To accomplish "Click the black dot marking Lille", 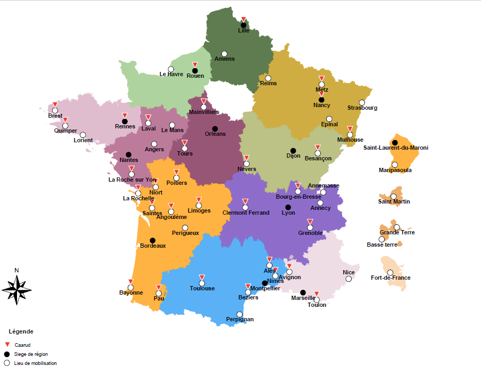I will coord(243,25).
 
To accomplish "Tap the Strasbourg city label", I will coord(362,108).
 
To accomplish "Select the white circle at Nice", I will coord(349,279).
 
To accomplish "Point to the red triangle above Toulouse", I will coord(202,277).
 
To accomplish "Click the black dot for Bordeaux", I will coord(152,240).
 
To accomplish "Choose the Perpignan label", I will coord(239,320).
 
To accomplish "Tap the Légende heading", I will coord(21,331).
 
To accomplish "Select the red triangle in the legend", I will coord(7,345).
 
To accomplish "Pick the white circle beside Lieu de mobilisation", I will coord(7,363).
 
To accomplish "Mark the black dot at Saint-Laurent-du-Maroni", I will coord(395,142).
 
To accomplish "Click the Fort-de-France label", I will coord(391,278).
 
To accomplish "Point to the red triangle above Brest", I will coord(55,104).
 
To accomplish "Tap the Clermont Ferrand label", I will coord(246,213).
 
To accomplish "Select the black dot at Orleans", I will coord(215,128).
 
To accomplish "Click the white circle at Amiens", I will coord(224,54).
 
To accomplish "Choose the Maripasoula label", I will coord(395,170).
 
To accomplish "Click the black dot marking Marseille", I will coord(303,292).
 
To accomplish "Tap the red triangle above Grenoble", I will coord(310,222).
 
